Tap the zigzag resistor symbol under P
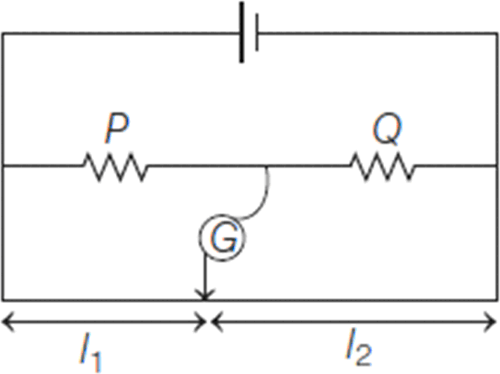pos(117,167)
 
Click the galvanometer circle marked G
pos(221,239)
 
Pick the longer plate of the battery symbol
pos(242,34)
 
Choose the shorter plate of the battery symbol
pos(256,34)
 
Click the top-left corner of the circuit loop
pos(3,34)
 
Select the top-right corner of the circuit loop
pos(497,34)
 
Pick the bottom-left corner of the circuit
pos(3,298)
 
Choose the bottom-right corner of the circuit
pos(497,298)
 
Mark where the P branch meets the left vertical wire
pos(3,167)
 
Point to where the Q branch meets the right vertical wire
pos(497,167)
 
